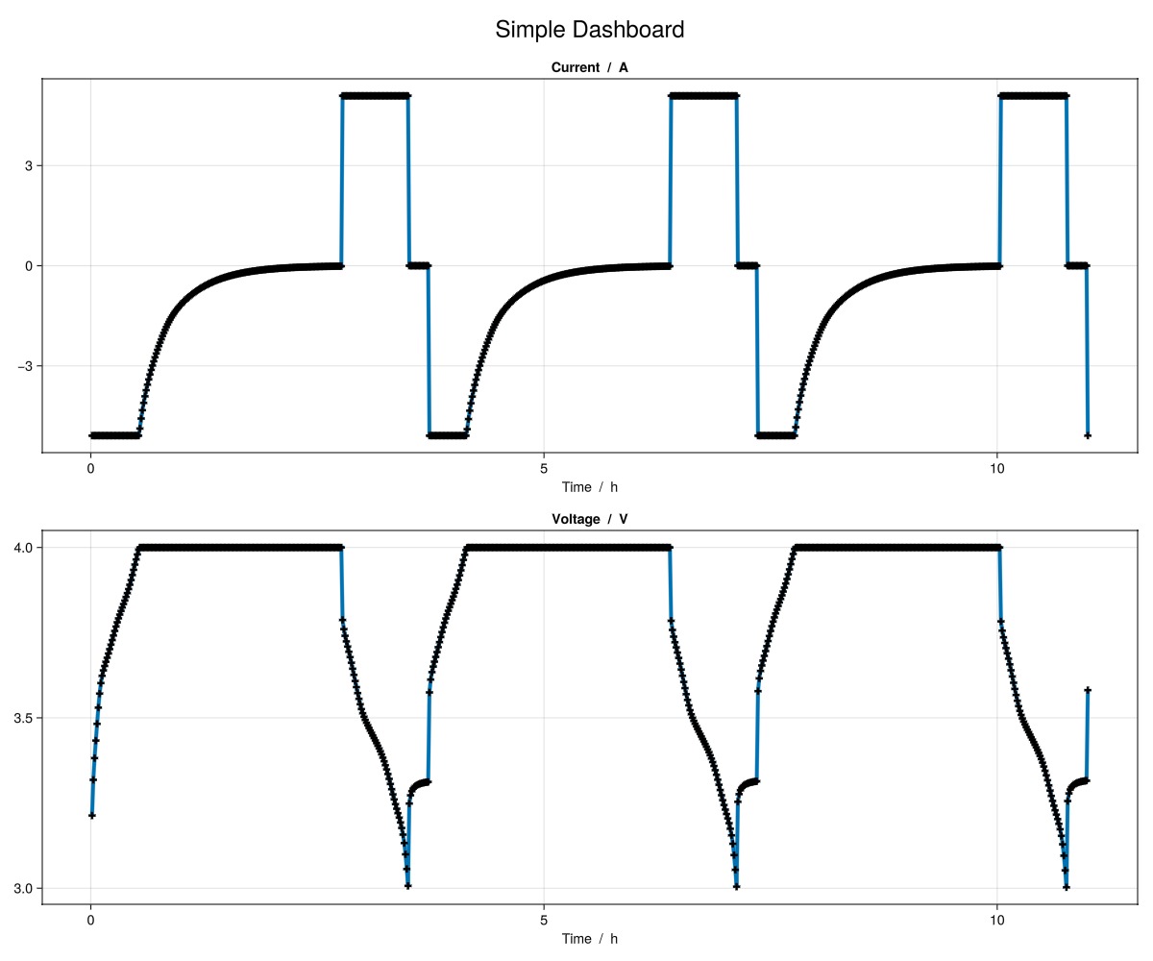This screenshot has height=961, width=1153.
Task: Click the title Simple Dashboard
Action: coord(589,30)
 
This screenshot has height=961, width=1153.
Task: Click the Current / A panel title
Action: coord(589,67)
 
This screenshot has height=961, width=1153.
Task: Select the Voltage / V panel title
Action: coord(589,519)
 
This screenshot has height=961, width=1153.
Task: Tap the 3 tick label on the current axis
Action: coord(30,165)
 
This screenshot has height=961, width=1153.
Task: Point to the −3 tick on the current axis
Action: coord(26,366)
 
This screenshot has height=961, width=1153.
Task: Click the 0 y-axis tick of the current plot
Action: coord(30,265)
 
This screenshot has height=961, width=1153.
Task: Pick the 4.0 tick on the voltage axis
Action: coord(24,548)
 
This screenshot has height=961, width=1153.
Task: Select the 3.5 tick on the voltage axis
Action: coord(24,718)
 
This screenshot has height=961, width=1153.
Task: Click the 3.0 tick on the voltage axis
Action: coord(24,888)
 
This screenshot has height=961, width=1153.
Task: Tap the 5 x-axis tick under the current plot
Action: coord(544,469)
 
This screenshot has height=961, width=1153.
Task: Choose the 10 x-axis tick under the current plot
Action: coord(997,469)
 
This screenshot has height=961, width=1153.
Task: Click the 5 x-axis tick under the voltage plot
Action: coord(544,921)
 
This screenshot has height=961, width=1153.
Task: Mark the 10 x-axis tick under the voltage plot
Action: coord(997,921)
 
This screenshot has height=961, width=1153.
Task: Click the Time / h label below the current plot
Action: coord(589,487)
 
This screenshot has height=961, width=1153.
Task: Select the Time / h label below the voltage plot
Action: coord(589,939)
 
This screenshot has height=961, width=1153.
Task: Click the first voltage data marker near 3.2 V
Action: coord(91,816)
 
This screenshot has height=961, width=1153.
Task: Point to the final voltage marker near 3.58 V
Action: coord(1088,690)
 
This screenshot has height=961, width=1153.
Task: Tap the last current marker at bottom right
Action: coord(1088,435)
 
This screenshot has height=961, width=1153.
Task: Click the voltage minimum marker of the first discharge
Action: coord(408,886)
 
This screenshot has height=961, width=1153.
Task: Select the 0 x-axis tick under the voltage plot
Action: coord(90,921)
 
